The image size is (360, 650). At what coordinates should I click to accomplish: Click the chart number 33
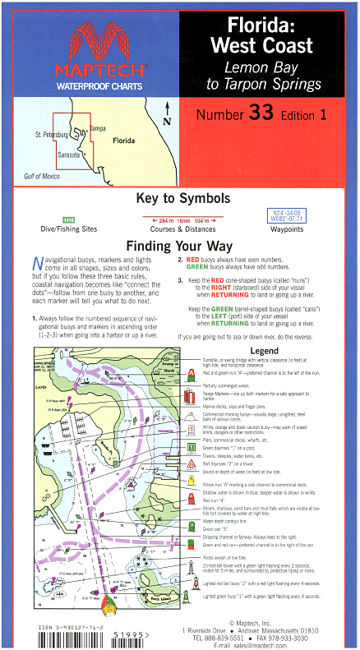265,114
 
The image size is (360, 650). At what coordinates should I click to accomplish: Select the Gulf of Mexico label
42,177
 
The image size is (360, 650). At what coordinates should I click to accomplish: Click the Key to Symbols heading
180,200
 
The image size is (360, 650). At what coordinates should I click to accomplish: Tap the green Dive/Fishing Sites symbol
69,219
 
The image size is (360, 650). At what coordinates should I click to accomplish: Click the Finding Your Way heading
180,246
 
